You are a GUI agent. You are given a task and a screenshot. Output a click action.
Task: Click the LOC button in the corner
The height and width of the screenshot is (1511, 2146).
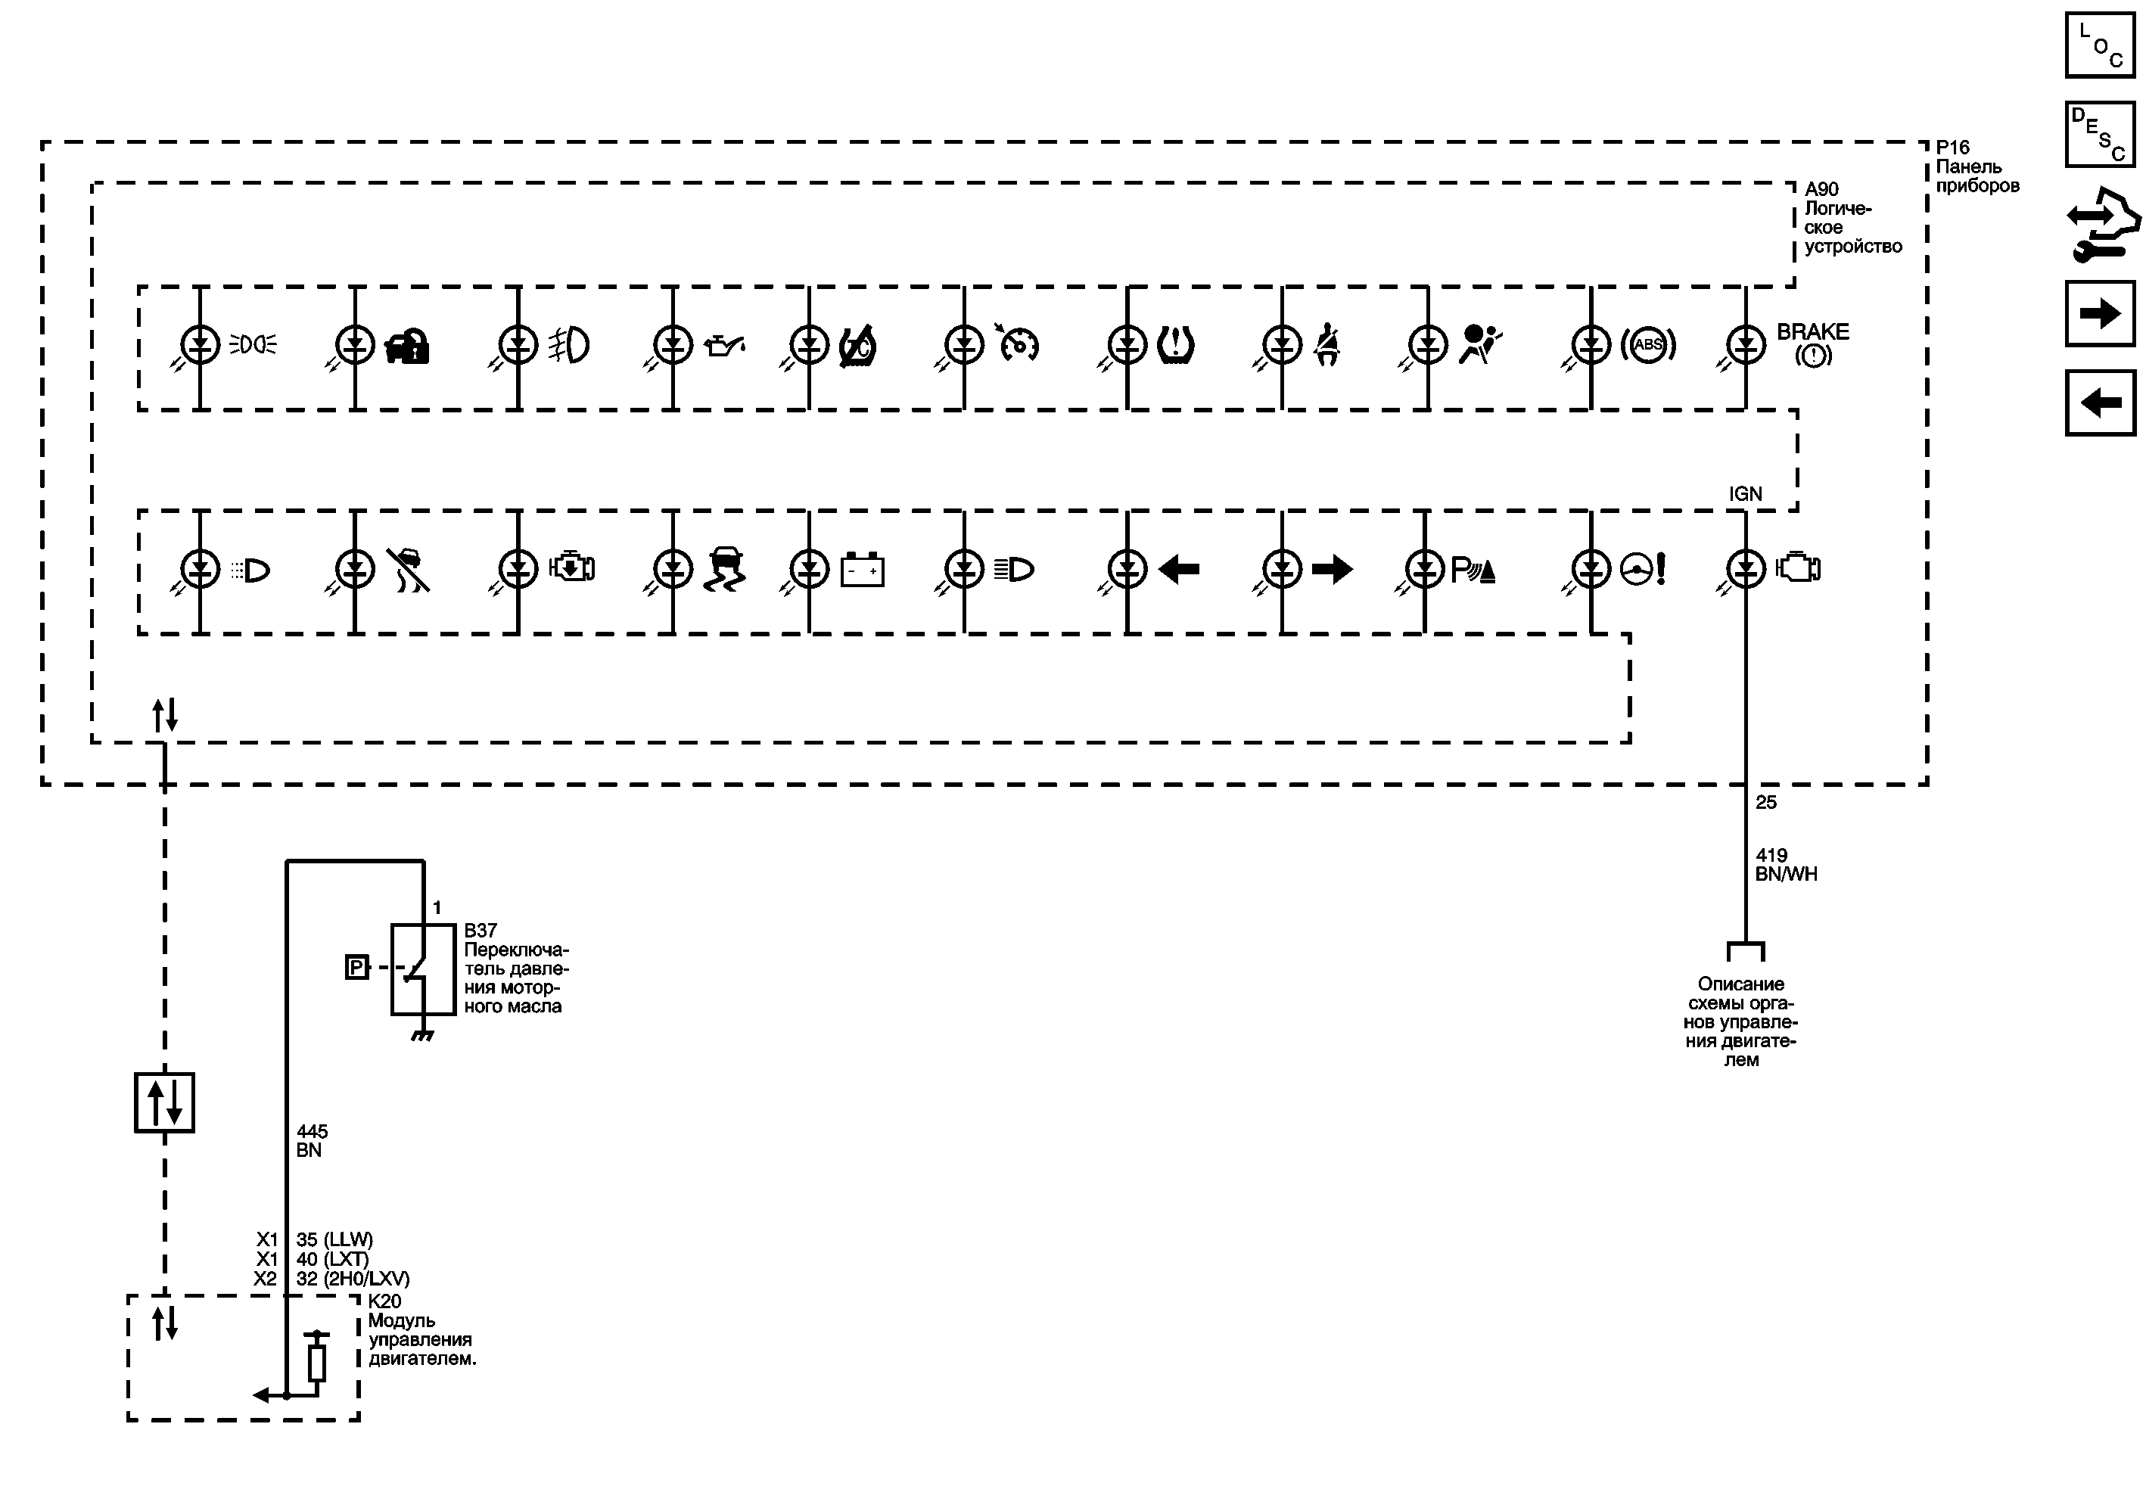click(x=2099, y=45)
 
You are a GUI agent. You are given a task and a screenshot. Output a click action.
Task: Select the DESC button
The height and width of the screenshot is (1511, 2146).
click(x=2099, y=135)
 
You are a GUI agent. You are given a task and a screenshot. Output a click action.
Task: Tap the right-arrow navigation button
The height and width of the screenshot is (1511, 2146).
click(x=2099, y=313)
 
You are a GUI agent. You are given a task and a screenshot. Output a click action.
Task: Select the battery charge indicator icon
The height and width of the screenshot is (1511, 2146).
click(x=862, y=570)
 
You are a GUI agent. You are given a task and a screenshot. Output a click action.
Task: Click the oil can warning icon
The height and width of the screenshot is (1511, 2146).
click(x=724, y=346)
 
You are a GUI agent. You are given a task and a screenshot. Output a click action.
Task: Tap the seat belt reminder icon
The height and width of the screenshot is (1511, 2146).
click(x=1326, y=345)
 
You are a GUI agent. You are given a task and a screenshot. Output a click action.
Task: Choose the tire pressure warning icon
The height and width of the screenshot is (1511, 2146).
click(x=1175, y=345)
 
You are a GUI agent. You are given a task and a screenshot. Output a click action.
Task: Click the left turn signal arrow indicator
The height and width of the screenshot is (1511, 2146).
click(x=1179, y=569)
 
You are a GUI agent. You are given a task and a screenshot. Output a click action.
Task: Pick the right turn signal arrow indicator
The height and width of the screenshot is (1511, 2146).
click(x=1332, y=569)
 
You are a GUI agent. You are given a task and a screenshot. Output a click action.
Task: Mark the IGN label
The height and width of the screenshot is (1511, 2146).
click(x=1745, y=494)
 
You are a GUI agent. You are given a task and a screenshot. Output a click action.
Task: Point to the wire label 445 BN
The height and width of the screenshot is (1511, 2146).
click(x=310, y=1141)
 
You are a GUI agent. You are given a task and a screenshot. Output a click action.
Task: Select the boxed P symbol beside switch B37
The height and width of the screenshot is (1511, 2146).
click(x=356, y=967)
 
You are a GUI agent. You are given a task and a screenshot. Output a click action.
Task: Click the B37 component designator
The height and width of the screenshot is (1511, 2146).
click(x=481, y=931)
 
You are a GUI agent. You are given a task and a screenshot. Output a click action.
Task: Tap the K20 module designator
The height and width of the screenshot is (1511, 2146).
click(x=384, y=1301)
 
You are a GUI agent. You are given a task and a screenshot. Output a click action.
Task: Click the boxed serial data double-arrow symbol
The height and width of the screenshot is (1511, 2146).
click(x=164, y=1102)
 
